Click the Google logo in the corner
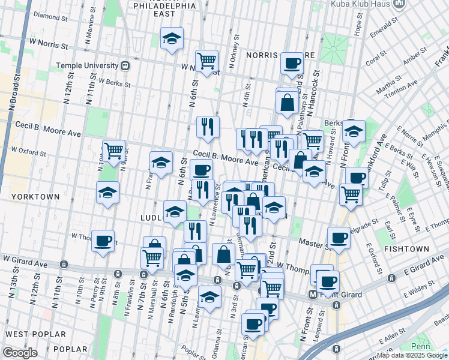point(20,353)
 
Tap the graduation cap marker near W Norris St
point(172,40)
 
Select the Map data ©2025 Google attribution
point(411,355)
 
